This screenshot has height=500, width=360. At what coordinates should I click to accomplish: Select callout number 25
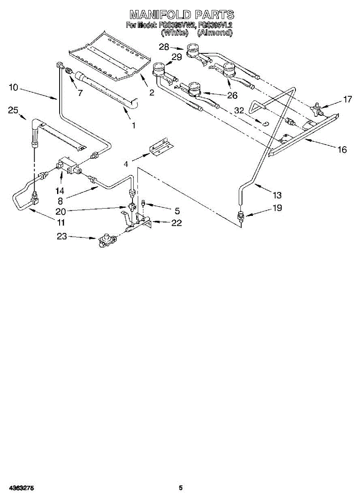click(13, 110)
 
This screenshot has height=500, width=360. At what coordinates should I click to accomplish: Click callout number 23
click(62, 237)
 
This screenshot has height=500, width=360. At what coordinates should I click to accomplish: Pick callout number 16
click(342, 150)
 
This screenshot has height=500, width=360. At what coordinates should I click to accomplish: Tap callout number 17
click(347, 100)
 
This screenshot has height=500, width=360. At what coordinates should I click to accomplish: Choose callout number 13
click(277, 195)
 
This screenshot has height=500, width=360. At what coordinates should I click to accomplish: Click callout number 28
click(164, 47)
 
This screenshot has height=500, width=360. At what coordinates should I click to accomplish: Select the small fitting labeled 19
click(240, 216)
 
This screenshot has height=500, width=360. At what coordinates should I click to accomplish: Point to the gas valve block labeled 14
click(68, 165)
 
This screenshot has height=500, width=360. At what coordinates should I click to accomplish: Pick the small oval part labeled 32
click(264, 122)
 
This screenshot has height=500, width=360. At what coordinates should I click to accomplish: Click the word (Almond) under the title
click(215, 32)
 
